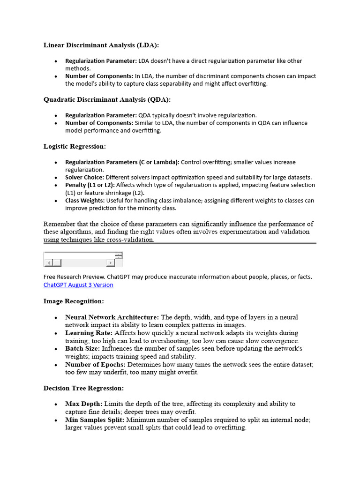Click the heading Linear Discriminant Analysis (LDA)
click(x=101, y=45)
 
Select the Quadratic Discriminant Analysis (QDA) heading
click(x=107, y=99)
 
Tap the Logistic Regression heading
click(x=75, y=146)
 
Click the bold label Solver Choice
click(x=85, y=177)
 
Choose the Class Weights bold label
click(x=84, y=200)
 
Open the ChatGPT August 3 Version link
click(x=78, y=285)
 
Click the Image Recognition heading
click(x=74, y=301)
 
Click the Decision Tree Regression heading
click(x=83, y=388)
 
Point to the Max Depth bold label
click(x=83, y=404)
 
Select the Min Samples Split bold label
click(x=95, y=420)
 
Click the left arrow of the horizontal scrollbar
click(x=48, y=263)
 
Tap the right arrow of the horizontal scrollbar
click(x=111, y=263)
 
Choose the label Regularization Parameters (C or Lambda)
click(x=122, y=162)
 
